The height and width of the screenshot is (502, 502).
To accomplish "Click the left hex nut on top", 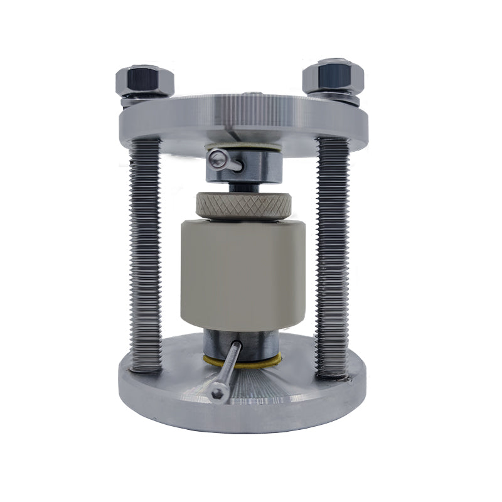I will coord(144,80).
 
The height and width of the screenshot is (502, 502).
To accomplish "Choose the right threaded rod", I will coord(332,251).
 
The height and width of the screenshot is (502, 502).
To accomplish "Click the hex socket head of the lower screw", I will coord(218,393).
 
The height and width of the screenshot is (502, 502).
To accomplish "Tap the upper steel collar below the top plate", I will coord(251,164).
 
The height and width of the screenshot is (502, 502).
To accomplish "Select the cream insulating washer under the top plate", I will coord(251,149).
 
